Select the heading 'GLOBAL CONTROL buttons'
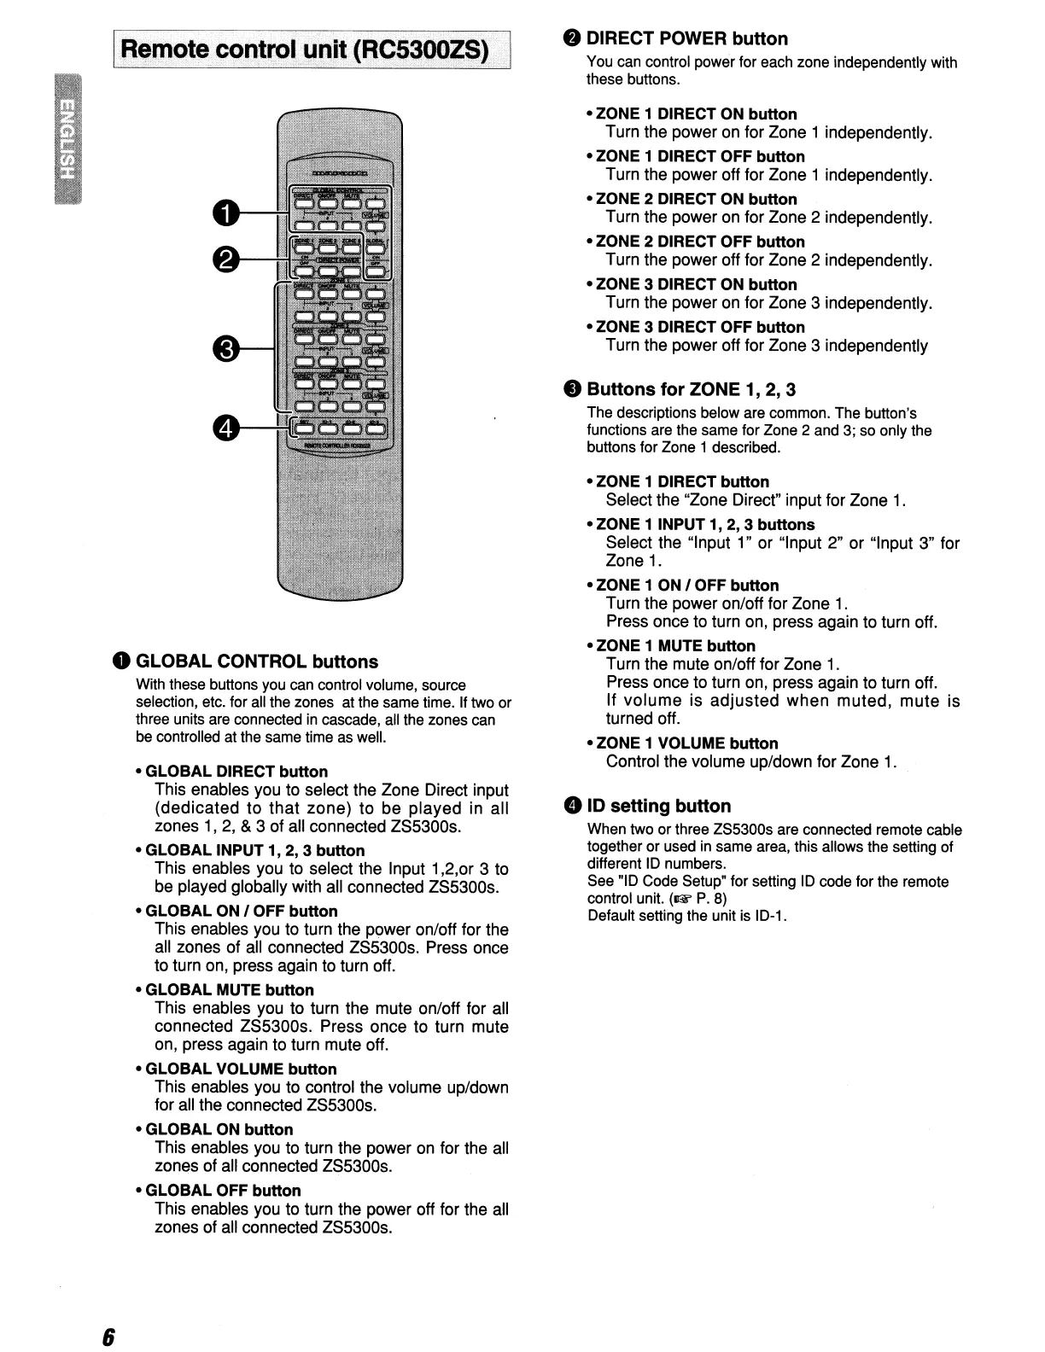tap(256, 661)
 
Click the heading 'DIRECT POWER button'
tap(686, 38)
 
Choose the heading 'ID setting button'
tap(658, 806)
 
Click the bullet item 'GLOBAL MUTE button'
tap(230, 990)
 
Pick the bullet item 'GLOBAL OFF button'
tap(224, 1190)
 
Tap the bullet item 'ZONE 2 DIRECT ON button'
tap(696, 200)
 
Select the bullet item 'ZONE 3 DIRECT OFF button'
tap(700, 327)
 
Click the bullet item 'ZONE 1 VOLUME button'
tap(686, 743)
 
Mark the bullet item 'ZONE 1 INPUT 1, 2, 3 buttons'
tap(705, 524)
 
